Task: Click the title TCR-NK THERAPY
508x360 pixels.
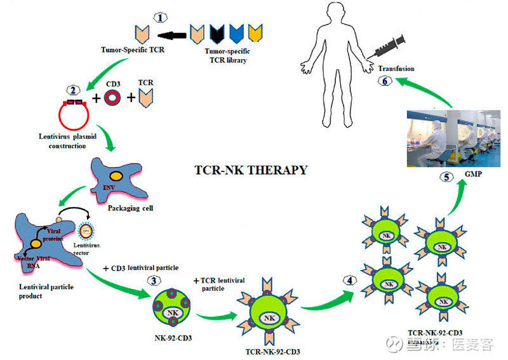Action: pyautogui.click(x=251, y=170)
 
